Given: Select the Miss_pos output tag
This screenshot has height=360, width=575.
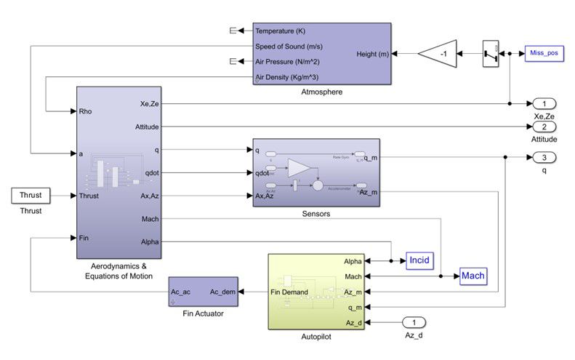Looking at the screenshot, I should [544, 55].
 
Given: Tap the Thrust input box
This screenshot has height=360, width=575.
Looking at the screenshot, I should [30, 195].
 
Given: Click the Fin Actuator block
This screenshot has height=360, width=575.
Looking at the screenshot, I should [203, 292].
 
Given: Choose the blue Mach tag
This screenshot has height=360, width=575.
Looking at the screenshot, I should [473, 276].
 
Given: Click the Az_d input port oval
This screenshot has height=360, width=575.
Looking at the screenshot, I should [413, 322].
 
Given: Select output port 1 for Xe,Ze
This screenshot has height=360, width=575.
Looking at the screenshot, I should [544, 103].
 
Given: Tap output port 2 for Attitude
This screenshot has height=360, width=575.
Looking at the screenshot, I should [544, 126].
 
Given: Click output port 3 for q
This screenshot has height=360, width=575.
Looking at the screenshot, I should [544, 157].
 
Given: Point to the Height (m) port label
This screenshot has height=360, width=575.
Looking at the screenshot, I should [372, 55].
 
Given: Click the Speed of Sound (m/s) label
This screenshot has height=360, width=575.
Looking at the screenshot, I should [289, 46].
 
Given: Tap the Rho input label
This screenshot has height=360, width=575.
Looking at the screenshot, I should [88, 111].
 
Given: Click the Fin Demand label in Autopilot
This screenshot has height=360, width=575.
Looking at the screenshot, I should [289, 292].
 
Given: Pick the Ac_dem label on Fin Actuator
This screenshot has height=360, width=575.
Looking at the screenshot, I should [222, 292].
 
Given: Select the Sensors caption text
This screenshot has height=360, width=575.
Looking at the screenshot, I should [315, 215].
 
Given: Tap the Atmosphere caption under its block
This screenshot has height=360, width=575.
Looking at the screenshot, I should [321, 92].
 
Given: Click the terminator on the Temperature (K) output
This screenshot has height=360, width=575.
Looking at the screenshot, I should [234, 31].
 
